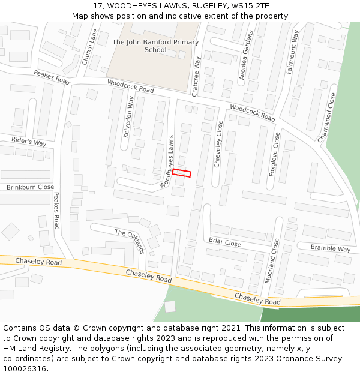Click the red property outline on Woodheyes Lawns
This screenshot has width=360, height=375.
pyautogui.click(x=181, y=173)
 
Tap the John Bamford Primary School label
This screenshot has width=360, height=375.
pyautogui.click(x=155, y=46)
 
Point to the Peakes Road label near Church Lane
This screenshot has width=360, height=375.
pyautogui.click(x=52, y=76)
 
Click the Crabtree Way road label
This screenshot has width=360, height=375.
pyautogui.click(x=196, y=76)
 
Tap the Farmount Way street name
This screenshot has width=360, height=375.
pyautogui.click(x=292, y=52)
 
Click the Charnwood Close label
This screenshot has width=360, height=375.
pyautogui.click(x=328, y=116)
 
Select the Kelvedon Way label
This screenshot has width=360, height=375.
pyautogui.click(x=128, y=117)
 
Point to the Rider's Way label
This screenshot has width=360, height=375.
pyautogui.click(x=29, y=142)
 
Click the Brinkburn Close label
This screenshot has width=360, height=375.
pyautogui.click(x=30, y=187)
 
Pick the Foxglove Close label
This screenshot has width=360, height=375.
pyautogui.click(x=274, y=154)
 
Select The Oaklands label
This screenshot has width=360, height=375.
pyautogui.click(x=130, y=241)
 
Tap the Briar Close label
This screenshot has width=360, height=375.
pyautogui.click(x=224, y=242)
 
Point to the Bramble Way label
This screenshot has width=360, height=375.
pyautogui.click(x=330, y=248)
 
